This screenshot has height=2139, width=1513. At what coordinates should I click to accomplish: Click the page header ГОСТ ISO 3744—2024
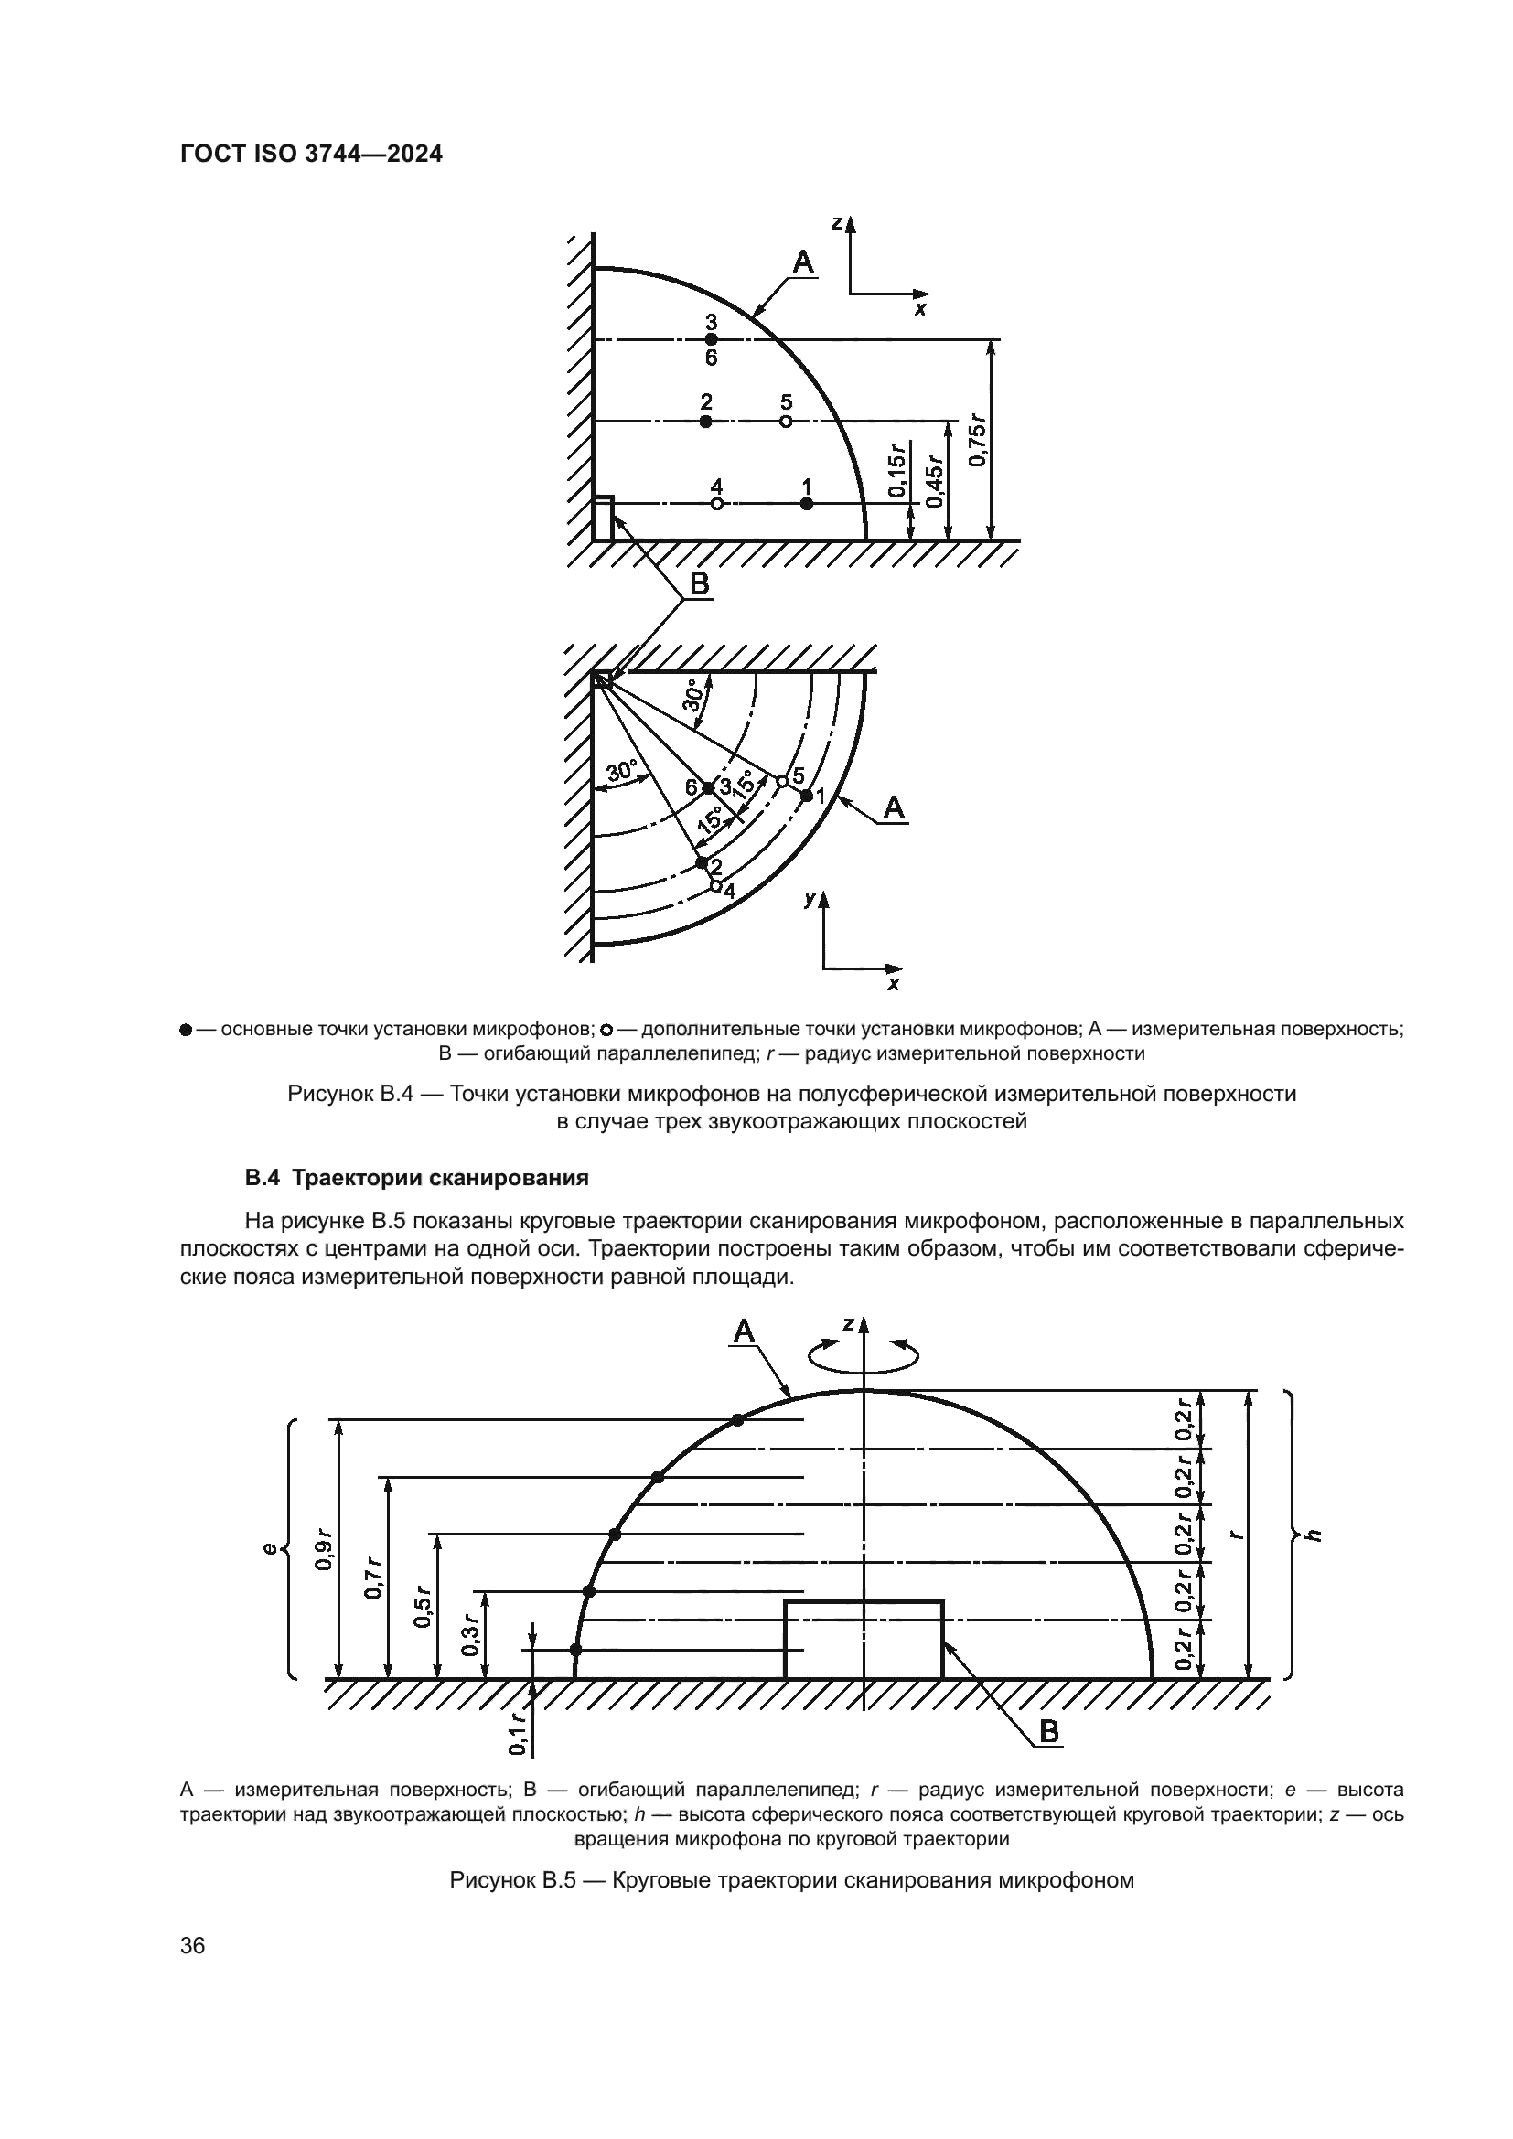pos(311,155)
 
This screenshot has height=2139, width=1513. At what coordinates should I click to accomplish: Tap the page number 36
pos(193,1945)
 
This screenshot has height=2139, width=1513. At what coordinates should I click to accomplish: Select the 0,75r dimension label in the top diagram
pos(976,439)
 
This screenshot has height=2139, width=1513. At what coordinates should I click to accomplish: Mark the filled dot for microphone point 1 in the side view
pos(807,504)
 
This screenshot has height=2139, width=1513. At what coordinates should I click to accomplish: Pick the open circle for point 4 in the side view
pos(716,504)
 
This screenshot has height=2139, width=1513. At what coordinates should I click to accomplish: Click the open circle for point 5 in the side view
pos(786,421)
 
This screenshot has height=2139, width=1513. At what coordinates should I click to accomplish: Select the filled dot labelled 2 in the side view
pos(705,421)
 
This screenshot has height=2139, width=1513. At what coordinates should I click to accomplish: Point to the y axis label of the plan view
pos(810,898)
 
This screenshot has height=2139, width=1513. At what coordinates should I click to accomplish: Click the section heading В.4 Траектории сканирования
pos(416,1178)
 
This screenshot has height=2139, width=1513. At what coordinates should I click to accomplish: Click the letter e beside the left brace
pos(269,1548)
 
